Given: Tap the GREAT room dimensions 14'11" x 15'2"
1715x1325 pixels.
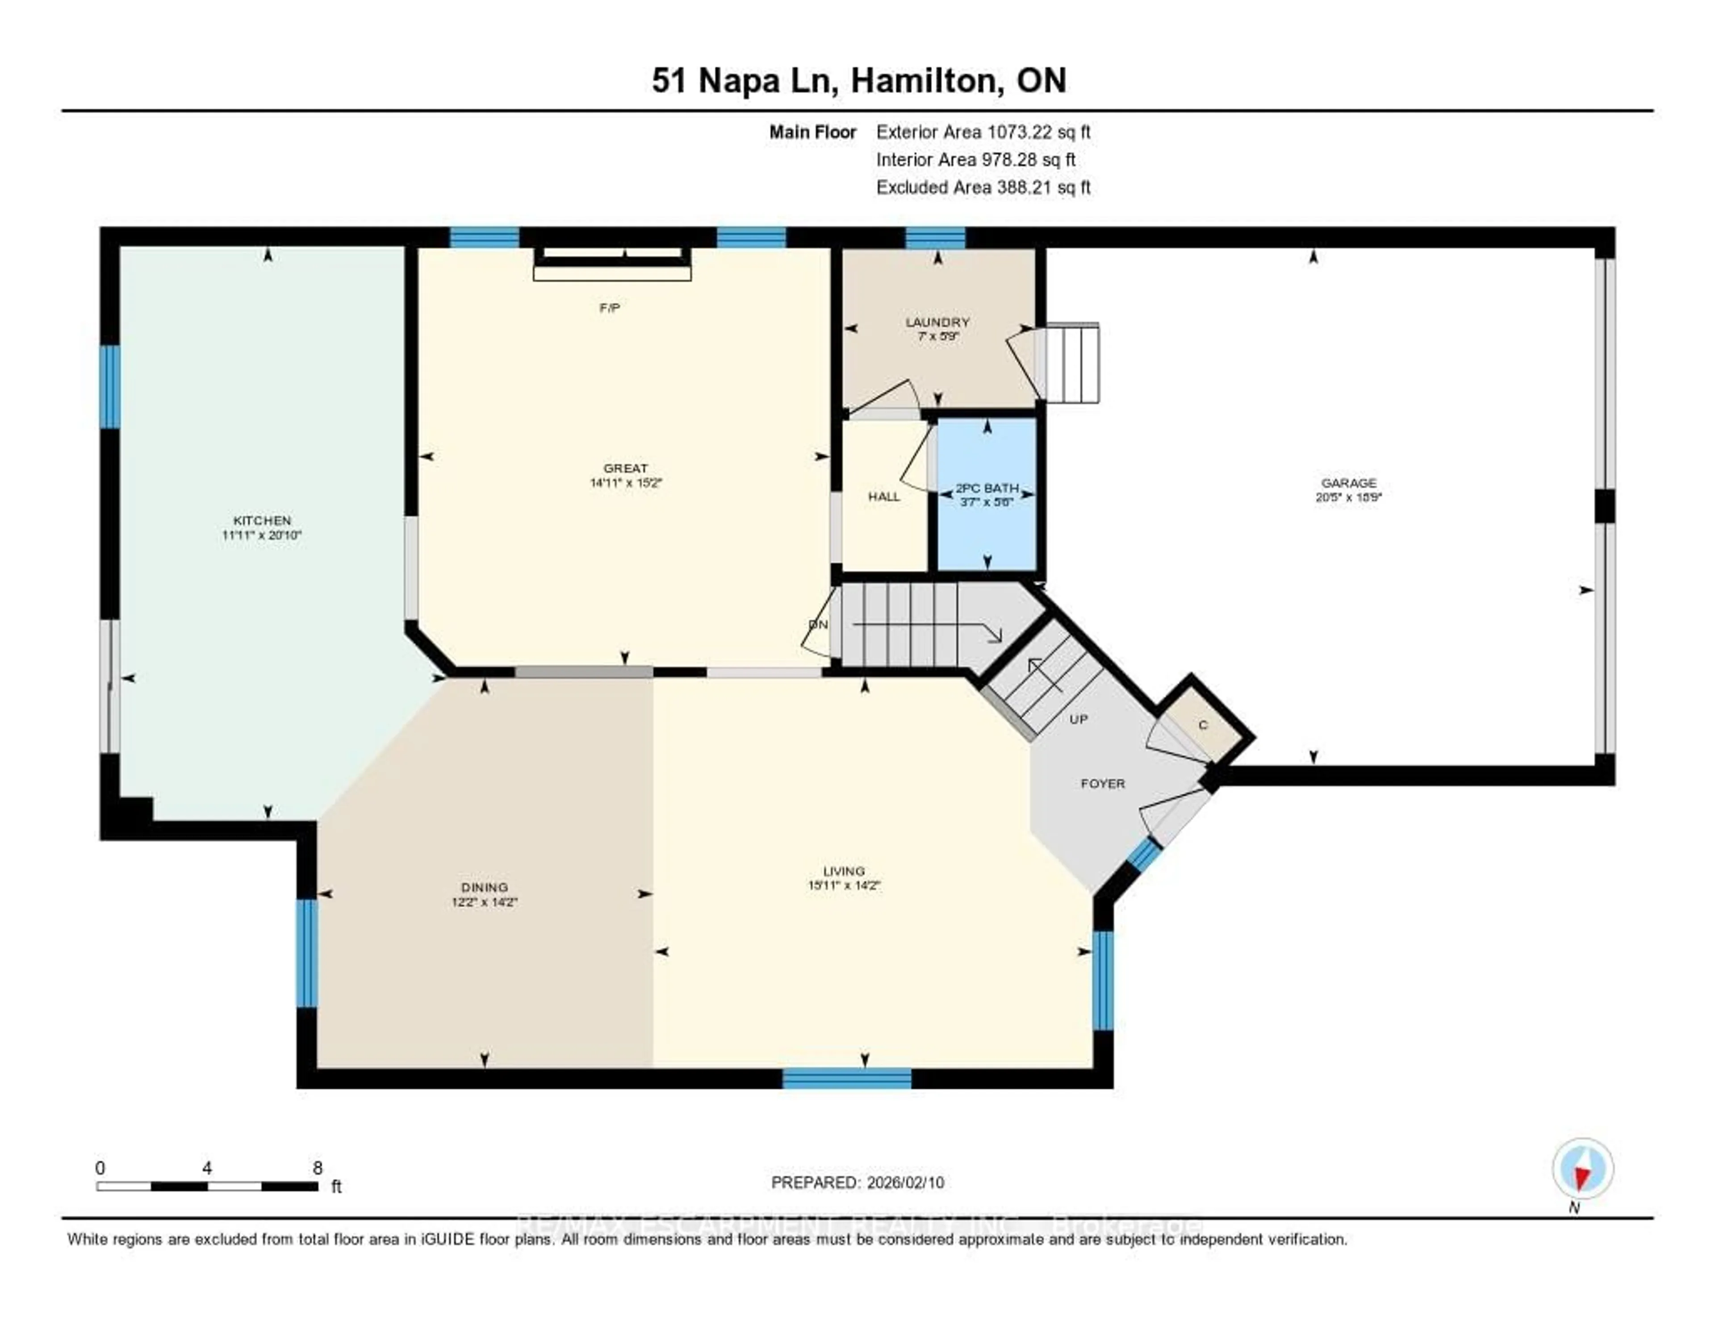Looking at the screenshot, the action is click(x=626, y=483).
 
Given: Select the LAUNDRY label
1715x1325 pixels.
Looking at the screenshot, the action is click(x=937, y=322).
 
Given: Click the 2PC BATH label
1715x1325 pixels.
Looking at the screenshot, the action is click(x=987, y=488).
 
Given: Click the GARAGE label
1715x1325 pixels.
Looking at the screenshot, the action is click(x=1348, y=483).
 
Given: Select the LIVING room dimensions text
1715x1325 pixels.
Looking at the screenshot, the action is click(x=844, y=885).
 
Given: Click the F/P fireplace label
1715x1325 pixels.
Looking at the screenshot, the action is click(x=609, y=308).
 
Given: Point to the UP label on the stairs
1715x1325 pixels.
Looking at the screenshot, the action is click(x=1078, y=719).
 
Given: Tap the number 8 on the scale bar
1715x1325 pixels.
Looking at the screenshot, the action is click(x=317, y=1168).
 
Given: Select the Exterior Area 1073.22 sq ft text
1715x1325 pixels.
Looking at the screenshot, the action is click(x=983, y=132).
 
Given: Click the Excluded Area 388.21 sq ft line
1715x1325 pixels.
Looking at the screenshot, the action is click(x=983, y=187).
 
